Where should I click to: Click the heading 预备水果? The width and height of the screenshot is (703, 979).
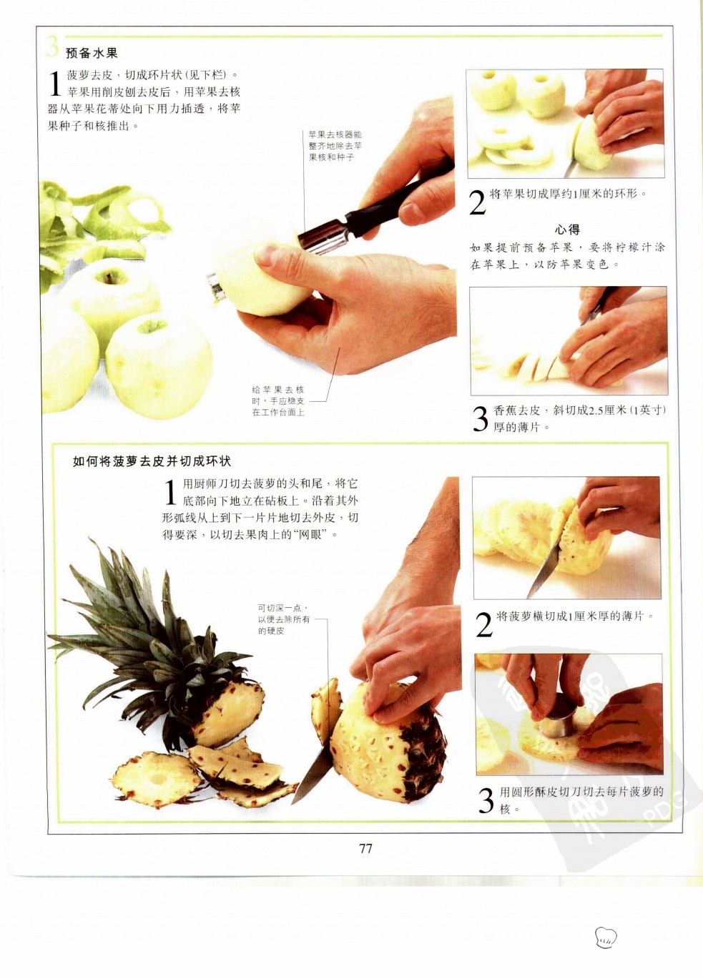coord(92,54)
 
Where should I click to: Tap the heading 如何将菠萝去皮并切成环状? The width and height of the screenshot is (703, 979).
coord(152,461)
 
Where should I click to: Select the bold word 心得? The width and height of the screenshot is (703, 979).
coord(567,230)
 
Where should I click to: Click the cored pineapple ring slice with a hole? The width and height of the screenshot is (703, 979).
coord(156,779)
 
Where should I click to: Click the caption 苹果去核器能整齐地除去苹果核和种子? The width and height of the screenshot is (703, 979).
coord(335,146)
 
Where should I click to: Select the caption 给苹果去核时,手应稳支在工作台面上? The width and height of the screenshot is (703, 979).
coord(278,400)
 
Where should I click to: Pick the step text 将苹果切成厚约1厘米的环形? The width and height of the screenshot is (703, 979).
coord(567,194)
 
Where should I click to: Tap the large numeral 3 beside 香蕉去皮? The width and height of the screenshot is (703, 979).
coord(481,418)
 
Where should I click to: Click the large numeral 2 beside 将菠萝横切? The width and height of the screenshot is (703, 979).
coord(484,624)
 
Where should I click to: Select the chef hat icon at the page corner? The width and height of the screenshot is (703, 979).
coord(606,935)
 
